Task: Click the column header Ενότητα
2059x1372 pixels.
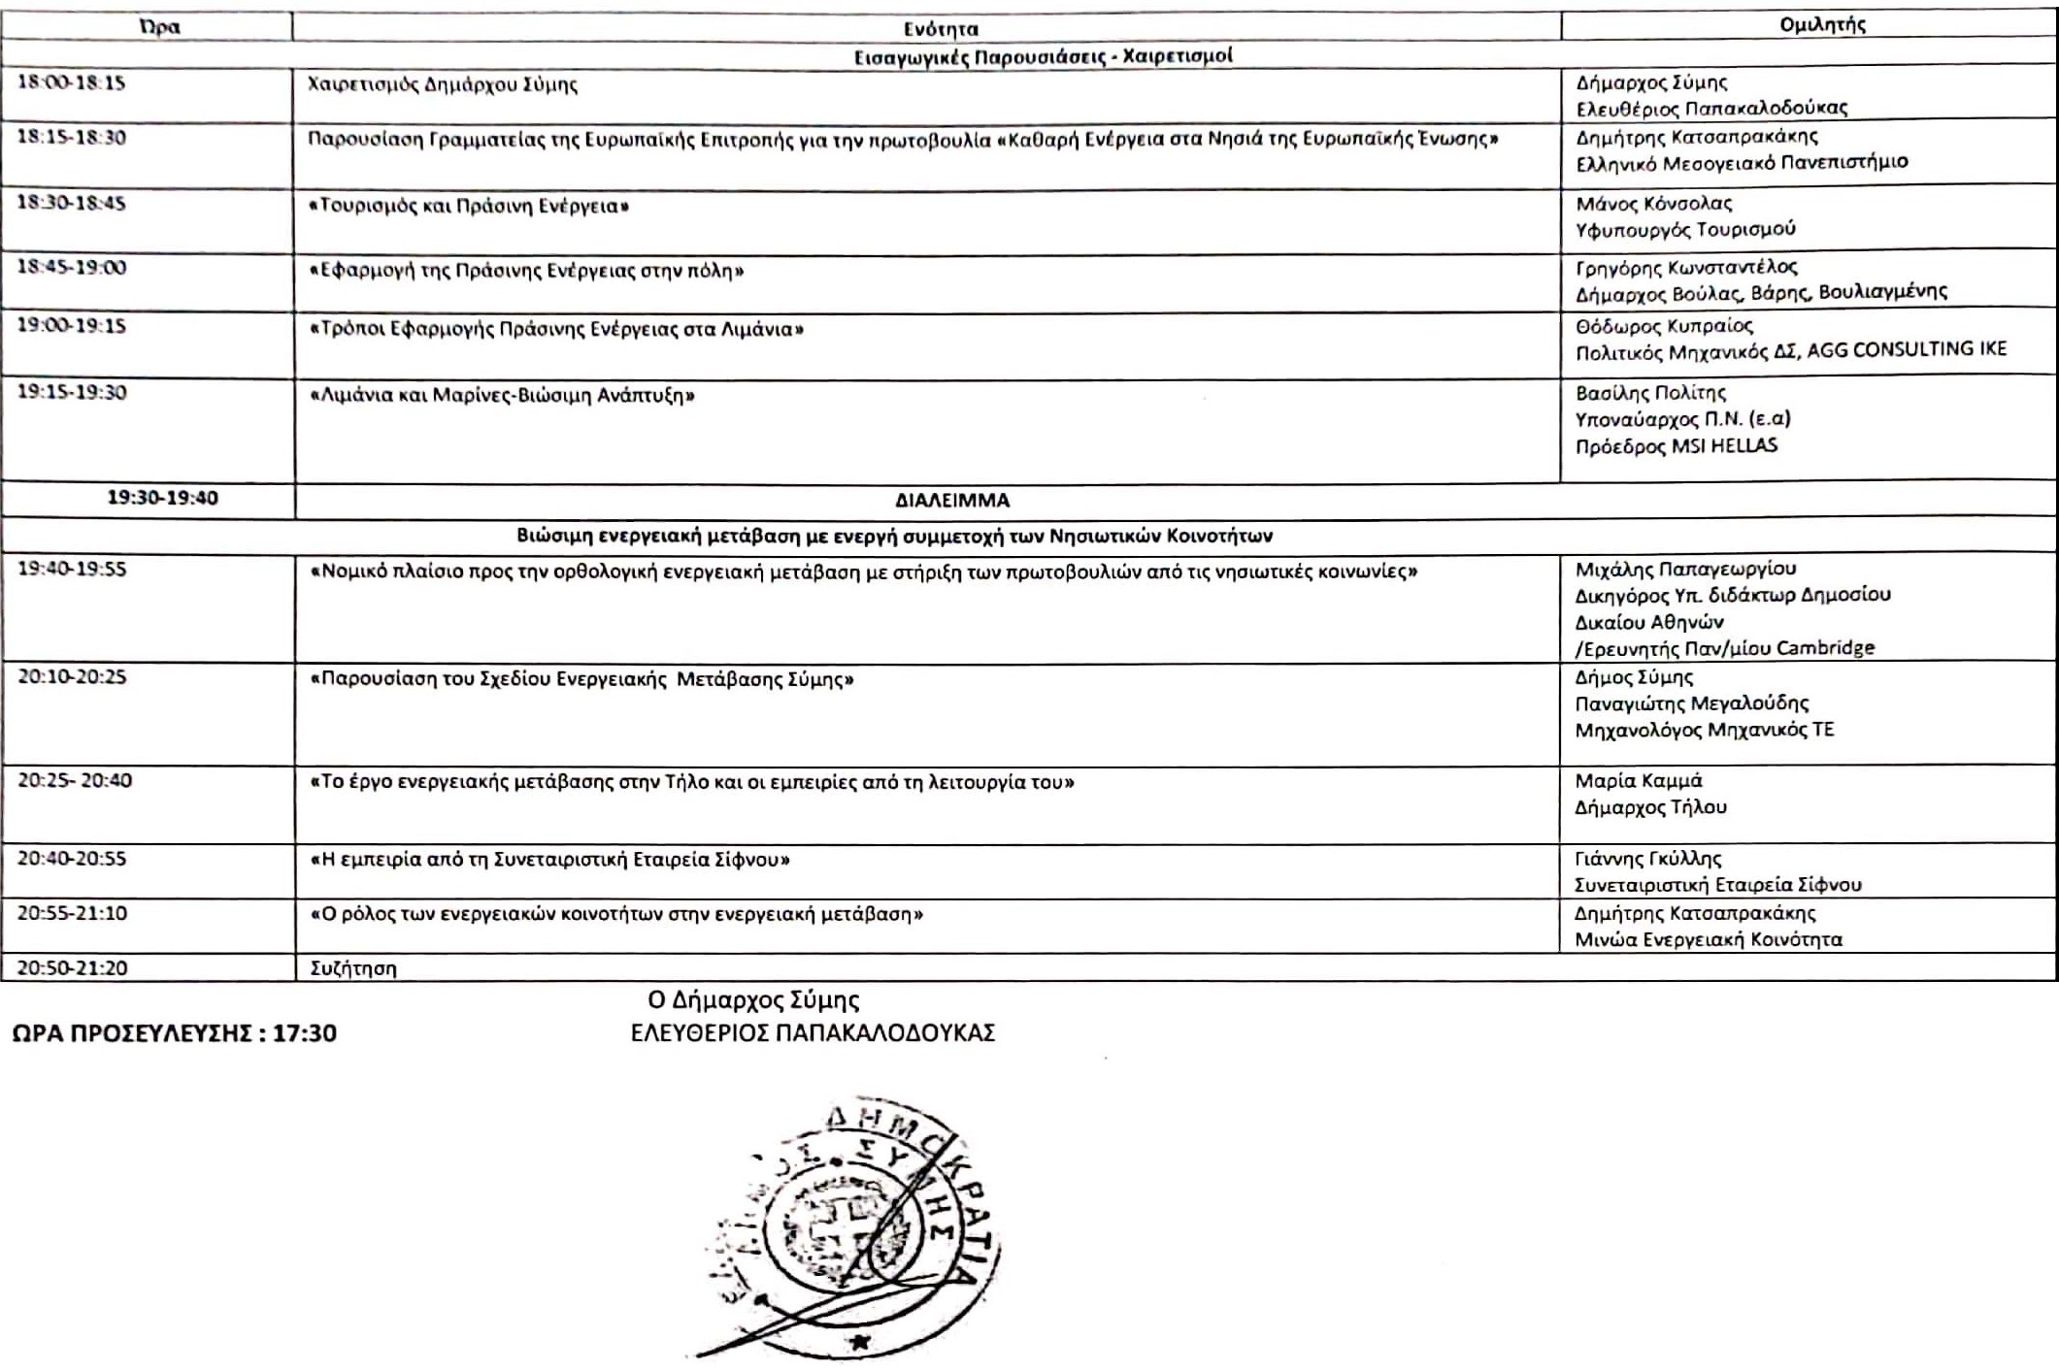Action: (940, 28)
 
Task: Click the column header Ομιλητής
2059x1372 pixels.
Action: (1822, 25)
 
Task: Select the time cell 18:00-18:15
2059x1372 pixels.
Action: (71, 82)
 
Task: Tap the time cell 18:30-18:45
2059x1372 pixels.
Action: (71, 204)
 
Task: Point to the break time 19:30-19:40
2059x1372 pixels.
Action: (162, 498)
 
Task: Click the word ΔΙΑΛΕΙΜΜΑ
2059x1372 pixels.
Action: (951, 501)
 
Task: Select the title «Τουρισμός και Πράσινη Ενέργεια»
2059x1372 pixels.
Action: (468, 207)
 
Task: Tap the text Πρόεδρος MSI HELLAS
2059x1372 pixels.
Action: (1676, 446)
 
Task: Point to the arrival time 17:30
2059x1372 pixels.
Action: (305, 1033)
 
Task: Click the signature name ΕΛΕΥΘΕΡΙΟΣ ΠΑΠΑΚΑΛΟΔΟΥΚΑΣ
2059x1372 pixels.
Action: (813, 1033)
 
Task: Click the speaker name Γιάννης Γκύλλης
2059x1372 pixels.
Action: (1647, 859)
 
